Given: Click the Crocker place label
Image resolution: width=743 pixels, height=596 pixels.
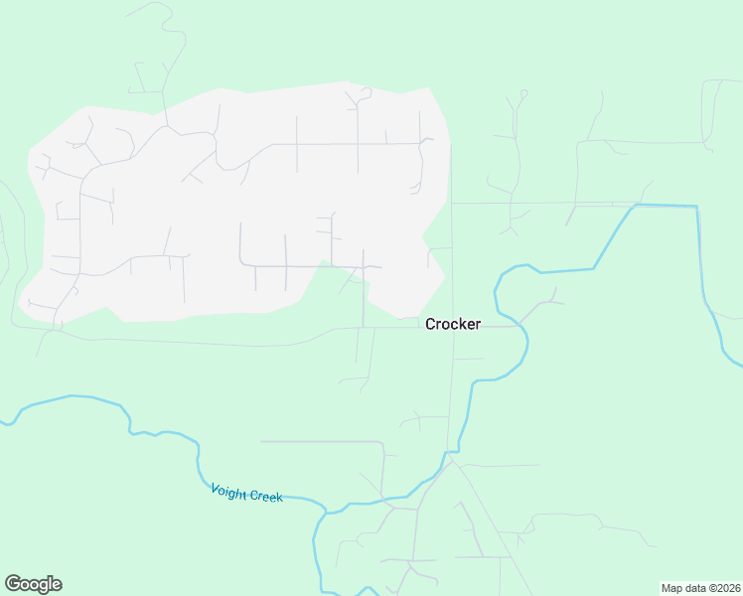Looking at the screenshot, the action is (x=453, y=324).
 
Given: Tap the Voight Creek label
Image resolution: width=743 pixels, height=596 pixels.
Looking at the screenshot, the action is (x=246, y=492).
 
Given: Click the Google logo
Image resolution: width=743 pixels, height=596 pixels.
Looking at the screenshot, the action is (x=33, y=584).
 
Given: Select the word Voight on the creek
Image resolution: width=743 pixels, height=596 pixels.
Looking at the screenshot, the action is (x=229, y=490).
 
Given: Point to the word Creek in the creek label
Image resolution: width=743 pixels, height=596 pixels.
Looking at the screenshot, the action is (x=265, y=495).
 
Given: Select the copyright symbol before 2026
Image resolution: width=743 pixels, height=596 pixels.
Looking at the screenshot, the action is (x=707, y=588).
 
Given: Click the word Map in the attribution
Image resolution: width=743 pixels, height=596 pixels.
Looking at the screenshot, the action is (x=672, y=588).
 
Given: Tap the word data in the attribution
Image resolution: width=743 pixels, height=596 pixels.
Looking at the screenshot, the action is (x=692, y=588).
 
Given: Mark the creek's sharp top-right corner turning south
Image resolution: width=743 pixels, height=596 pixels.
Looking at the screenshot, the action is (x=696, y=208).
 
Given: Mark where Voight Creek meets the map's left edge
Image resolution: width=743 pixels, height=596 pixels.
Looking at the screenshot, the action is (x=3, y=423).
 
